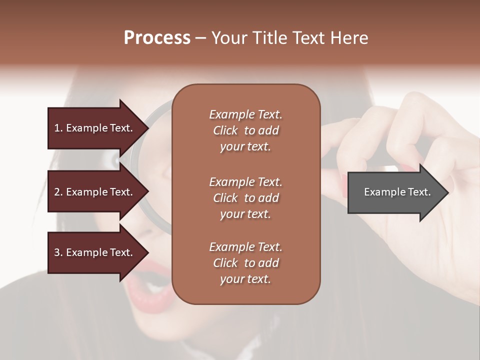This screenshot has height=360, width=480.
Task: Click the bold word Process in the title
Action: [157, 38]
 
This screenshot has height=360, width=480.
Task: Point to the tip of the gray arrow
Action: [447, 192]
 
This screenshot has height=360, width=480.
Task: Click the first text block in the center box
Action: [245, 130]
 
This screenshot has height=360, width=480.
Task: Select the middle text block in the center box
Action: [245, 198]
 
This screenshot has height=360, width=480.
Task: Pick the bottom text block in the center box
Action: [245, 263]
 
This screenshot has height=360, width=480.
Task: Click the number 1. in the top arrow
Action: [58, 128]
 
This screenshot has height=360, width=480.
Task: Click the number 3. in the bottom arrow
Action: [58, 252]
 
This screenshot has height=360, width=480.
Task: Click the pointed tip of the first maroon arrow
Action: [148, 128]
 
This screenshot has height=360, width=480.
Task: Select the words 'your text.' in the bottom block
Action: [245, 279]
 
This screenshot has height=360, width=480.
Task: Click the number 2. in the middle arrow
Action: [58, 192]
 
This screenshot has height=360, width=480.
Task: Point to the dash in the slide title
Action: [200, 38]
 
